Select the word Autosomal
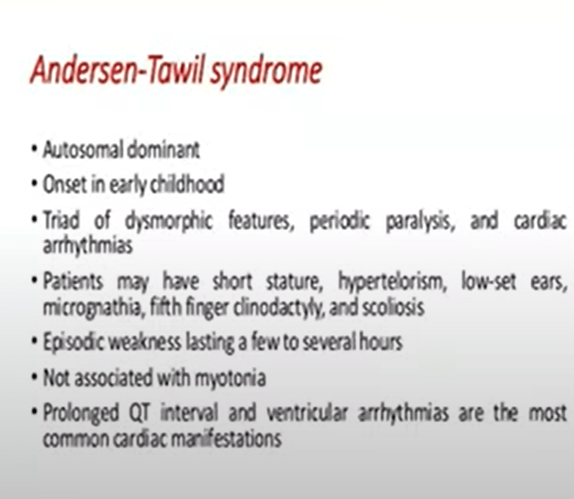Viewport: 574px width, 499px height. click(x=83, y=150)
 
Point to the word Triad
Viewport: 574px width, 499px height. click(x=61, y=220)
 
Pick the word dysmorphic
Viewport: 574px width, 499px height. click(x=169, y=221)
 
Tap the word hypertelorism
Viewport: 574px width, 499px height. click(x=392, y=282)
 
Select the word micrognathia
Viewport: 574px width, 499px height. click(x=92, y=307)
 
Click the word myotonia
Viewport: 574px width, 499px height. click(x=230, y=378)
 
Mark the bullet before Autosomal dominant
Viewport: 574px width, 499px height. click(x=34, y=150)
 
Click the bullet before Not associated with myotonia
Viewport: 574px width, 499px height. click(x=34, y=377)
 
